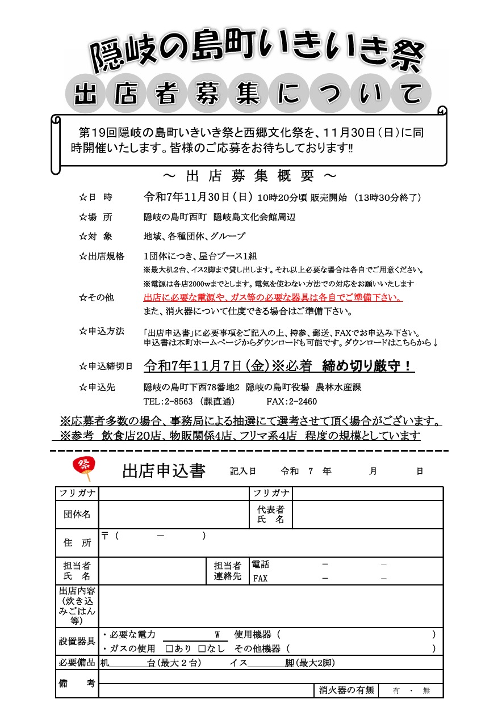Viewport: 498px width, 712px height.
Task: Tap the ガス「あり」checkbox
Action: tap(169, 648)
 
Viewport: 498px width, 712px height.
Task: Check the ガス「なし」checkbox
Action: tap(202, 648)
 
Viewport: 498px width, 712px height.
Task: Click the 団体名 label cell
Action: tap(77, 515)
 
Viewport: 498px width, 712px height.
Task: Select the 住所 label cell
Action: tap(77, 543)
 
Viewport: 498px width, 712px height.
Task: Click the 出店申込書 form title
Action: tap(164, 471)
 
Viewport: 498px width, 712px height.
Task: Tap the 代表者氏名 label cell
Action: tap(271, 515)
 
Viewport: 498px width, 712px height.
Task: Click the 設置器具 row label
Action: tap(77, 641)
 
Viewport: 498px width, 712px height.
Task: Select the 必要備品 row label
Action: tap(77, 663)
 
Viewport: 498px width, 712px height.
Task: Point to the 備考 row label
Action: tap(77, 684)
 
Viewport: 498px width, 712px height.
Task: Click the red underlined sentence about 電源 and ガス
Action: tap(273, 298)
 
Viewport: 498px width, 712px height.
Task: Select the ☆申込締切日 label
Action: tap(106, 366)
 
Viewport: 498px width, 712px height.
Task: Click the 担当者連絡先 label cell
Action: tap(228, 571)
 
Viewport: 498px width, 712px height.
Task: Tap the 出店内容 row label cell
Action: tap(77, 606)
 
